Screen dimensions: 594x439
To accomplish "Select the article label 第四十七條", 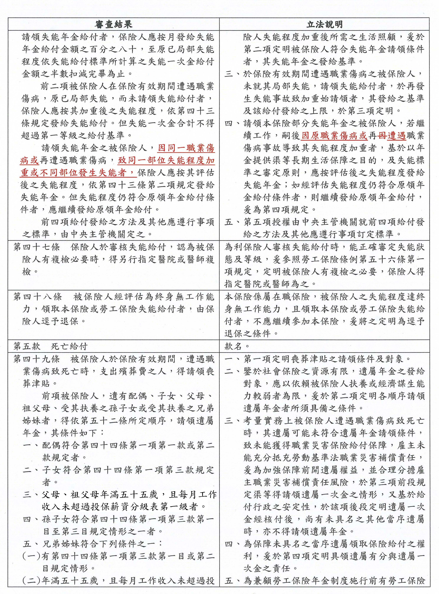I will click(37, 247).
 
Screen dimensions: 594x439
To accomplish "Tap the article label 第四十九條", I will click(37, 359).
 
